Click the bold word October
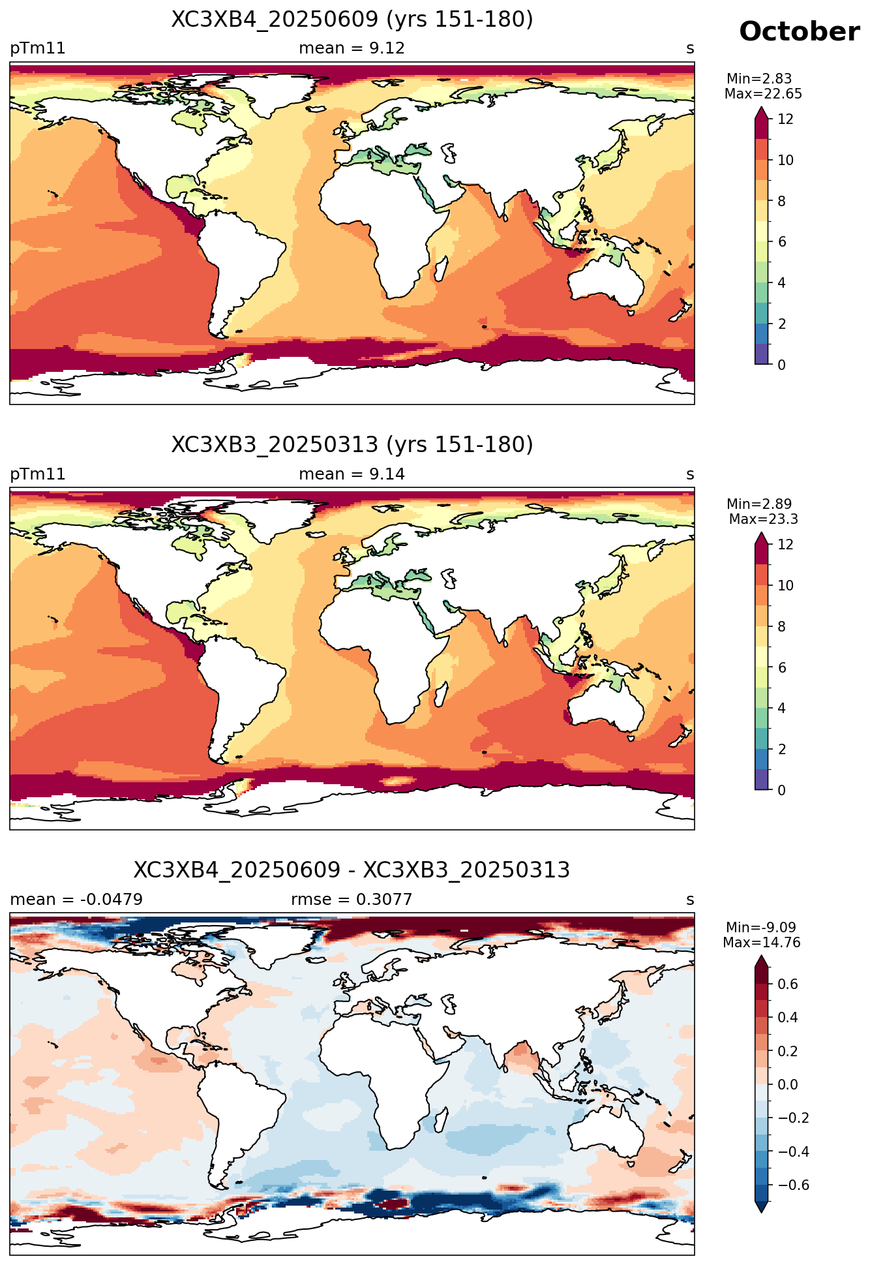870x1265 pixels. [x=799, y=31]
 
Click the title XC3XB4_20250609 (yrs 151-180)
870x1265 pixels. [x=352, y=20]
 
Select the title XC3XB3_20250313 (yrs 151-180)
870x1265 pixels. [x=352, y=445]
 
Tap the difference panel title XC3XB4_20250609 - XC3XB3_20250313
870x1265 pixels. [x=352, y=870]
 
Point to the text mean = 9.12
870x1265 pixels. [x=352, y=48]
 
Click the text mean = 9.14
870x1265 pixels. [x=352, y=474]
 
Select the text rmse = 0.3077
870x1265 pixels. [x=352, y=900]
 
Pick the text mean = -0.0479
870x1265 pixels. [x=76, y=900]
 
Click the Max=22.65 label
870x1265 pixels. [x=763, y=94]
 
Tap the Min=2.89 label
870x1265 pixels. [x=759, y=504]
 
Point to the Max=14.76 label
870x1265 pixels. [x=762, y=943]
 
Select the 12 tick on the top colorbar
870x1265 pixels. [x=785, y=119]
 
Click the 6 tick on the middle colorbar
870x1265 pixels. [x=782, y=667]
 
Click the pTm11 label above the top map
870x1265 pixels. [x=38, y=49]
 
